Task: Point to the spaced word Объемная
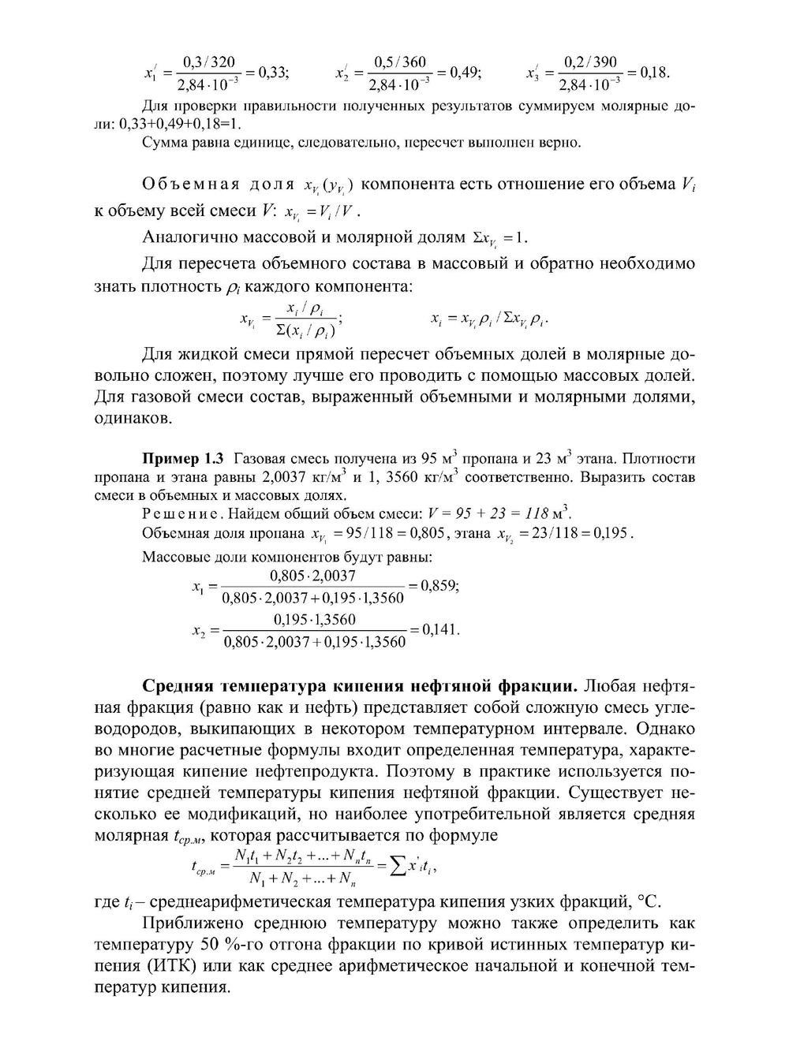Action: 189,185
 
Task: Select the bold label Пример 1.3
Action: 182,458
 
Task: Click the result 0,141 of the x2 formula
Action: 440,630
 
